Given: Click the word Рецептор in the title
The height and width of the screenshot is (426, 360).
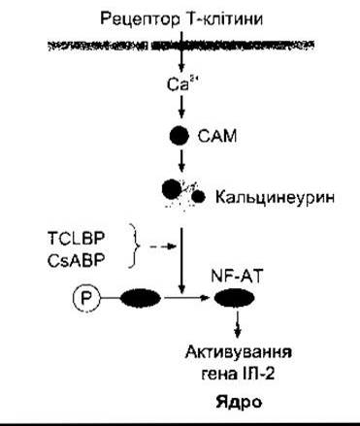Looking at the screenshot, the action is click(140, 19).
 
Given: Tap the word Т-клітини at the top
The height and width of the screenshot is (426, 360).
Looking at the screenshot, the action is click(225, 18).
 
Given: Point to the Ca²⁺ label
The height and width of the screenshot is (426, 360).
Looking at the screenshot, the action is click(180, 84).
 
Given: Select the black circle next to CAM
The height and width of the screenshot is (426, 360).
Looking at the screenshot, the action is click(180, 136).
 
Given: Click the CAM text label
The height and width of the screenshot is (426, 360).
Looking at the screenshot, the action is click(217, 136).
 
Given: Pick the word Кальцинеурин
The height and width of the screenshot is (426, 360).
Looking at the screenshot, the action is click(275, 197).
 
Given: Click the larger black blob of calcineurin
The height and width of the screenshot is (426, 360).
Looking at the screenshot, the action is click(172, 189).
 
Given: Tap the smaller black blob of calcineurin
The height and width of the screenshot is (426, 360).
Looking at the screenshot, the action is click(198, 196).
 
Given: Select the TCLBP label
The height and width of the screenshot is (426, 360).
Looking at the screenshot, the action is click(76, 239).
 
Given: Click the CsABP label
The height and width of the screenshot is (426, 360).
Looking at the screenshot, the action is click(76, 261).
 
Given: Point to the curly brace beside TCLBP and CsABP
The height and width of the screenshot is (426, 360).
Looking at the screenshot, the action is click(135, 246).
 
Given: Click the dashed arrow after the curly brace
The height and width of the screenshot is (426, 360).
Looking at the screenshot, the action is click(162, 246).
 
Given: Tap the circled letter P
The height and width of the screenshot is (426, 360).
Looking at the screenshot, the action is click(84, 298).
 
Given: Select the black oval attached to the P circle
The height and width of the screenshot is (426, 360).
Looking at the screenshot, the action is click(141, 298).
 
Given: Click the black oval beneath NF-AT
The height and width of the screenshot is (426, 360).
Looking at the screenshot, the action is click(235, 298).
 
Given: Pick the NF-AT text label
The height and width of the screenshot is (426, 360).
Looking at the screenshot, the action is click(236, 277).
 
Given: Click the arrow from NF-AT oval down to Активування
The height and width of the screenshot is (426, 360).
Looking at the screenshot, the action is click(238, 323).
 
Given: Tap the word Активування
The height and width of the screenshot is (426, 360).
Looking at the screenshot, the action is click(239, 352).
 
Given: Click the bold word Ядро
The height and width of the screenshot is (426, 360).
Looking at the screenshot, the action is click(239, 403).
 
